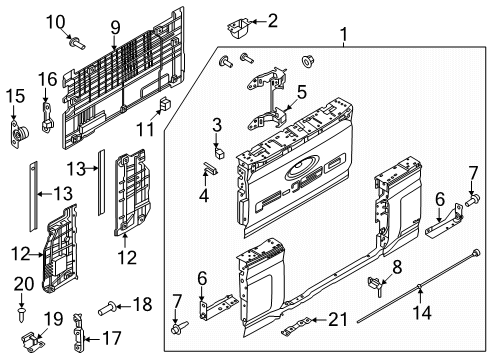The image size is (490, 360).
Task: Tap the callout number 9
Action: pos(115,26)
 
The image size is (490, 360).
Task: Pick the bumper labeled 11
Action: pos(164,103)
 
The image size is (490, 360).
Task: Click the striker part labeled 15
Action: pos(15,130)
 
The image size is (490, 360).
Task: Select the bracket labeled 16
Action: pos(47,104)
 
